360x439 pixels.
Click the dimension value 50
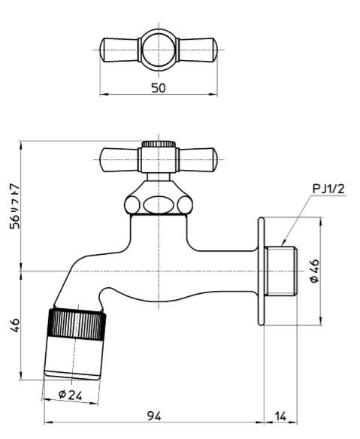pyautogui.click(x=159, y=88)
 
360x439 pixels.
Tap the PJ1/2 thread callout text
pyautogui.click(x=328, y=189)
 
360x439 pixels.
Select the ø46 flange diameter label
pyautogui.click(x=315, y=271)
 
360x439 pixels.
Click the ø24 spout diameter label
pyautogui.click(x=70, y=395)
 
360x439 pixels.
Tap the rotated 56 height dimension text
pyautogui.click(x=14, y=207)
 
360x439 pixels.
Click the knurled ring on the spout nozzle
pyautogui.click(x=77, y=324)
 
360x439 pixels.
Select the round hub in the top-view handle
pyautogui.click(x=159, y=50)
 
